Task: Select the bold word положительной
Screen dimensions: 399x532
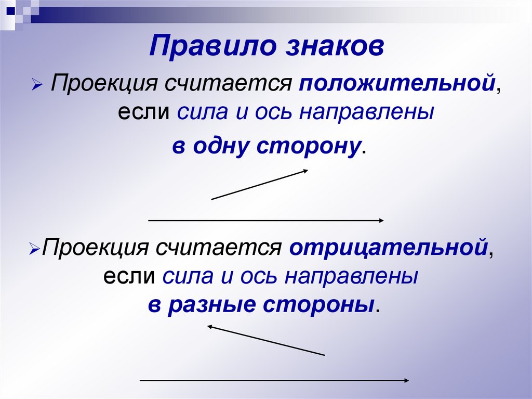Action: pos(396,84)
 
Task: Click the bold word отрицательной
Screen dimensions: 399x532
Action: pos(388,247)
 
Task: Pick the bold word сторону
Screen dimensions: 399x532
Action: pos(309,146)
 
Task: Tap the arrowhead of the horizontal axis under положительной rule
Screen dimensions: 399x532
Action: pos(381,221)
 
